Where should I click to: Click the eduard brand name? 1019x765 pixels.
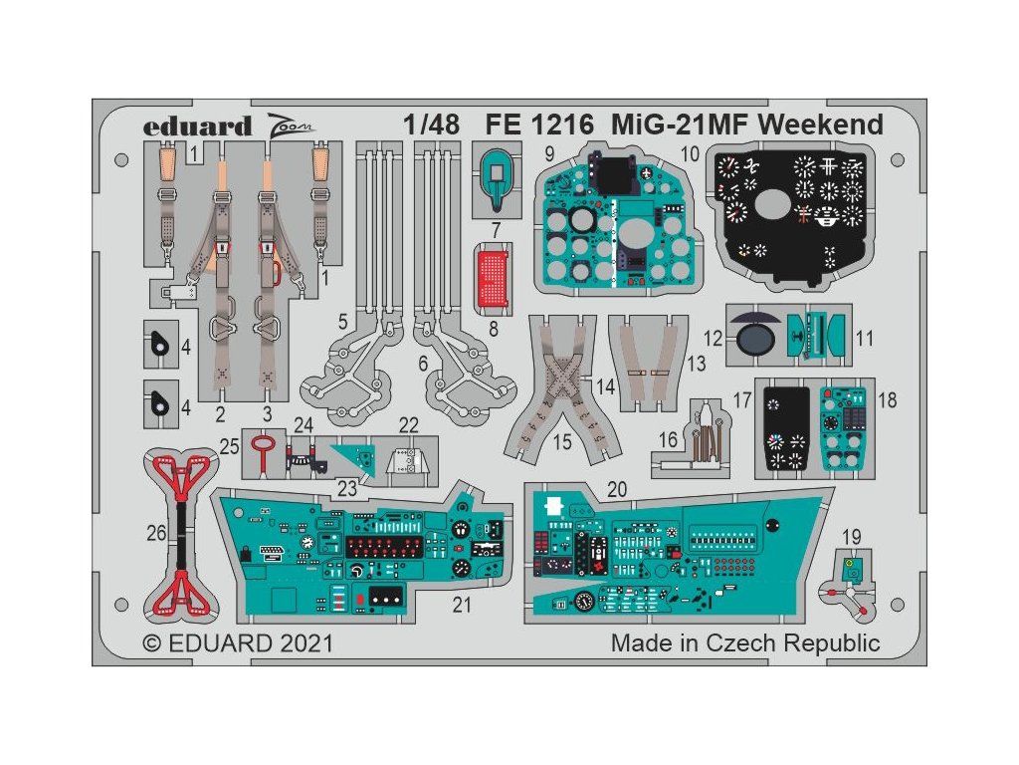click(x=197, y=126)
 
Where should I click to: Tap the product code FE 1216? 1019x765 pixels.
click(x=539, y=125)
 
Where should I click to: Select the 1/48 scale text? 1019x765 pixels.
click(x=431, y=125)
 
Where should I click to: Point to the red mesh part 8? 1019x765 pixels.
click(x=494, y=276)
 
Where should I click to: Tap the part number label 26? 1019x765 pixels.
click(x=156, y=534)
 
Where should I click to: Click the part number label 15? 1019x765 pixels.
click(x=563, y=441)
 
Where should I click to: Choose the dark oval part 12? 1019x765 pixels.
click(x=756, y=339)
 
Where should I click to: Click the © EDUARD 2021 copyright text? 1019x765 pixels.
click(x=238, y=642)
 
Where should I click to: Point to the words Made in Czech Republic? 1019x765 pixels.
click(x=745, y=642)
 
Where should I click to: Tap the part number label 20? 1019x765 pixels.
click(x=617, y=489)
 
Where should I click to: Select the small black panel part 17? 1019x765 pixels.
click(x=787, y=428)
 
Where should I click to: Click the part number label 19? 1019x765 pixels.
click(x=852, y=537)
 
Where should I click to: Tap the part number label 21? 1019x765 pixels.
click(x=462, y=605)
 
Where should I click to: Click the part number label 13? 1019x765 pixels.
click(x=697, y=364)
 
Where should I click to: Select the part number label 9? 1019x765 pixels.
click(x=549, y=154)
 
